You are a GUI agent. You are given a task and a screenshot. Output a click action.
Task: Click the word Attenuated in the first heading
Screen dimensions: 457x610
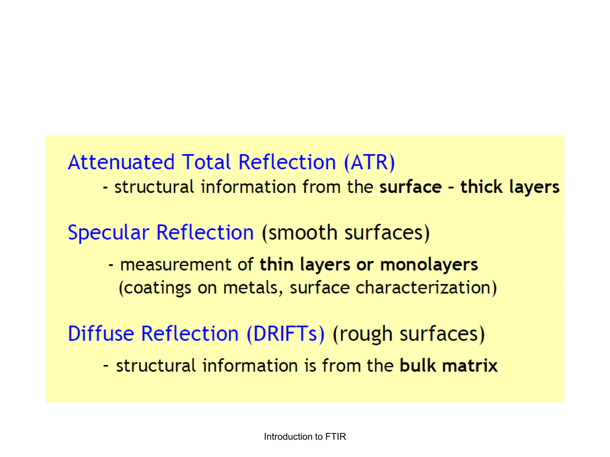(x=121, y=162)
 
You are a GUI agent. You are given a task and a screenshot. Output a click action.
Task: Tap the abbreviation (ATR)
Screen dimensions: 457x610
(x=369, y=162)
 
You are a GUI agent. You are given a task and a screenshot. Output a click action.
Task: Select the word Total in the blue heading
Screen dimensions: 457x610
(x=206, y=162)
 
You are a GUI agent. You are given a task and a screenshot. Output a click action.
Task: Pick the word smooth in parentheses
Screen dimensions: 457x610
(x=302, y=233)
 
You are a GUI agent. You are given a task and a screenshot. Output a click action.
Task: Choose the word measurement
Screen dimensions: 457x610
(x=175, y=265)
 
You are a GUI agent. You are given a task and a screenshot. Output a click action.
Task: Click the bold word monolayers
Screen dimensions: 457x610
(x=429, y=265)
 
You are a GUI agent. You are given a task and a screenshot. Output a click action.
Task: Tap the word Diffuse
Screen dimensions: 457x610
(x=101, y=334)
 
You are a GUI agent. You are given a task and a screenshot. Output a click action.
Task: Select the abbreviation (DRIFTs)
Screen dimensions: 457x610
(x=286, y=334)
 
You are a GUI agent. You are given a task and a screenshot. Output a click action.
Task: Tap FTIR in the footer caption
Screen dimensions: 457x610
(x=335, y=436)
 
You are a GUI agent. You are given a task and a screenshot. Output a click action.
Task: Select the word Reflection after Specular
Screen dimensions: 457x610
(x=205, y=233)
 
